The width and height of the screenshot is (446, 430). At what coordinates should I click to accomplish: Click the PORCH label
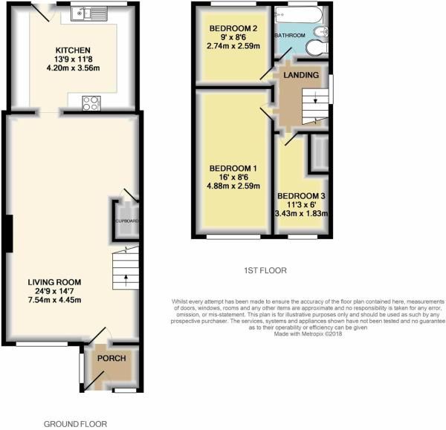(111, 359)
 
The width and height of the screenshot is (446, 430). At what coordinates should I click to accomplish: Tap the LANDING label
(301, 76)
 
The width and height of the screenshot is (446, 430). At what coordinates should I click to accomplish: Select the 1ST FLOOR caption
(265, 271)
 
